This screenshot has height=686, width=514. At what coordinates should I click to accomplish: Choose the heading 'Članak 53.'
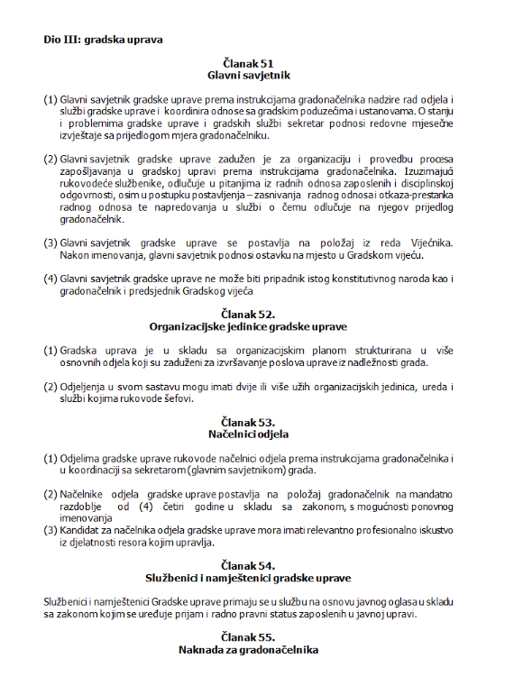(247, 421)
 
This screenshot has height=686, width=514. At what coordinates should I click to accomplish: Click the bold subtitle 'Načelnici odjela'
(247, 434)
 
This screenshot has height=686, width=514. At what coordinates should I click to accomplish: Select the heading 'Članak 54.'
(247, 564)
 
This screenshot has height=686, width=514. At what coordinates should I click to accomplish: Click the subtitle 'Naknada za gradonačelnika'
(247, 649)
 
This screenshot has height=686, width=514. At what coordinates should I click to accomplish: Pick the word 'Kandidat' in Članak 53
(79, 531)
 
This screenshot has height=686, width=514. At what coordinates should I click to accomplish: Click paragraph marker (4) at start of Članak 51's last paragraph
(50, 279)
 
